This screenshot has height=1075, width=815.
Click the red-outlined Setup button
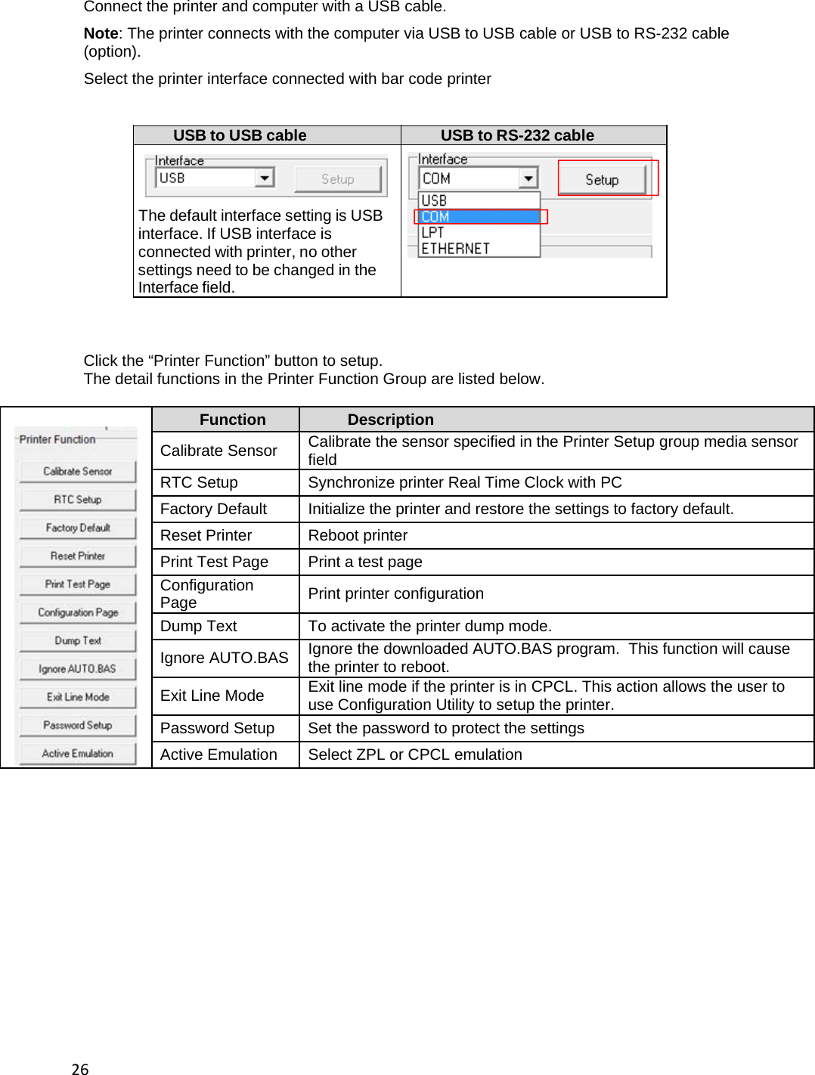pos(602,179)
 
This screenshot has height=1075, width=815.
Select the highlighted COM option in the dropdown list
pos(480,216)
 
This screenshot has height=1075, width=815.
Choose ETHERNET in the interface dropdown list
pos(456,249)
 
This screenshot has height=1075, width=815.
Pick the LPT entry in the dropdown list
pos(433,233)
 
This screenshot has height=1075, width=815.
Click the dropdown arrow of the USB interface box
pos(264,178)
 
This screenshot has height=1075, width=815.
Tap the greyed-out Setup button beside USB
pos(337,179)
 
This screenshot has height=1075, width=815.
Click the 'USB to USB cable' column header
pos(240,135)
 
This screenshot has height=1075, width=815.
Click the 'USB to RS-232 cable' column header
pos(517,135)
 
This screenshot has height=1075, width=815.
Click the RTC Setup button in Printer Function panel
pos(78,500)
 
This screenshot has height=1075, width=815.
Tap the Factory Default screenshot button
pos(78,528)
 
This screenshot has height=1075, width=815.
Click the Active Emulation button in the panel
pos(78,754)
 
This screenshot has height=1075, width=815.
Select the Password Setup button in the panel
pos(78,726)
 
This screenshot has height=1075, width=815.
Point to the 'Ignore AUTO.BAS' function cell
pos(224,658)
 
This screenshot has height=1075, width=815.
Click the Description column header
pos(390,420)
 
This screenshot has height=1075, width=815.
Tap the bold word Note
pos(101,33)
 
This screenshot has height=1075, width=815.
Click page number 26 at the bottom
pos(80,1068)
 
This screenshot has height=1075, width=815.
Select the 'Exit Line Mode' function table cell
pos(212,695)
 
